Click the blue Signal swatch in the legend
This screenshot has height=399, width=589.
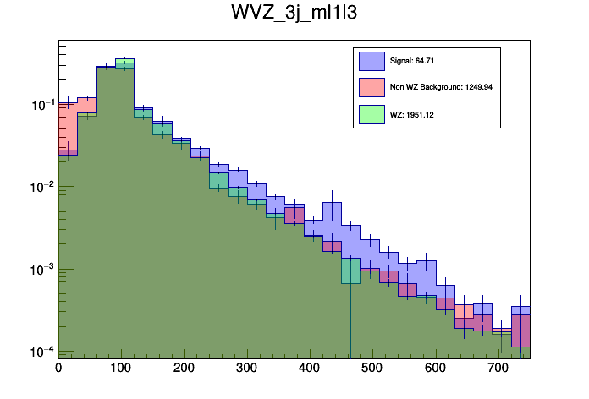[372, 61]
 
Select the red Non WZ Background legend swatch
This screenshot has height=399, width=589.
[372, 86]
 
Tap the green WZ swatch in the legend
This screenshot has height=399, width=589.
[372, 112]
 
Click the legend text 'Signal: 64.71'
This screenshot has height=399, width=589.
[412, 61]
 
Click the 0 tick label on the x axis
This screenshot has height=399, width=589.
[58, 369]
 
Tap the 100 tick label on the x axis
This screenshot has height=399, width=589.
[121, 369]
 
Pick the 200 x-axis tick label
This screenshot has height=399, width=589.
[184, 369]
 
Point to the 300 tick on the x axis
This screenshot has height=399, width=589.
[247, 369]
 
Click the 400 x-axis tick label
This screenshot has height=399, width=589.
[310, 369]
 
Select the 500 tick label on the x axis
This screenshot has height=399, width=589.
[372, 369]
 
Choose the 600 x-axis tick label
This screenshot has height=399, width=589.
[436, 369]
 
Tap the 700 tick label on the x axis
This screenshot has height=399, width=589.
[498, 369]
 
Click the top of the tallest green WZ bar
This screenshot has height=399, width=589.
[125, 58]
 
